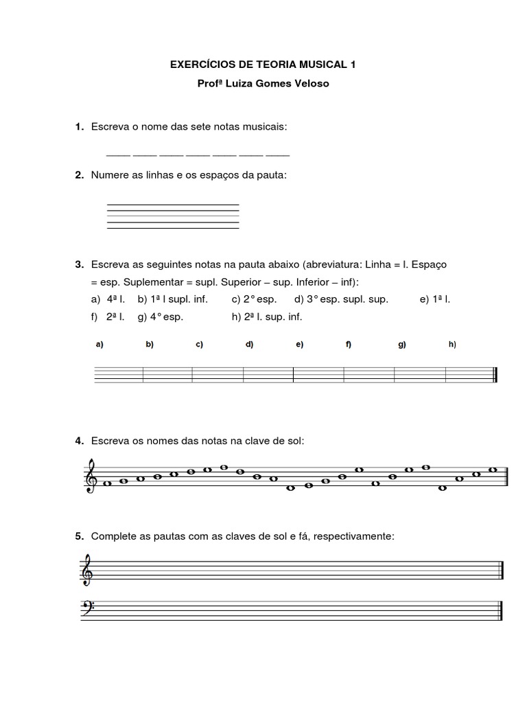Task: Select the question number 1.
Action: (x=80, y=127)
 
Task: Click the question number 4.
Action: (x=80, y=440)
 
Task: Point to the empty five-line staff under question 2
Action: (x=173, y=216)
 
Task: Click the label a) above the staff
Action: (x=99, y=345)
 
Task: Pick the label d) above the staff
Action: (x=249, y=345)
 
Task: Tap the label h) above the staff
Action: (x=452, y=345)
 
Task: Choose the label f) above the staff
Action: (x=349, y=345)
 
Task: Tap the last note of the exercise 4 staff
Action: (x=493, y=470)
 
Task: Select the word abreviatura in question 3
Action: (x=338, y=264)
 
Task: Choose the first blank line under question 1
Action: (x=117, y=154)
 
